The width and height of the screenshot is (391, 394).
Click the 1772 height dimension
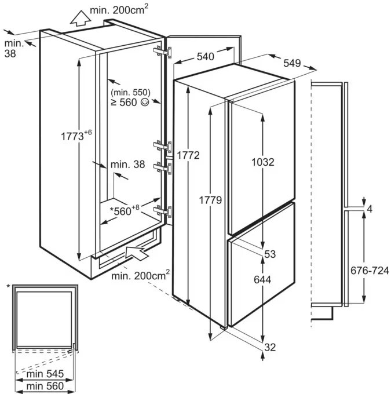click(188, 155)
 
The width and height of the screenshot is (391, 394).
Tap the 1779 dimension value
click(210, 200)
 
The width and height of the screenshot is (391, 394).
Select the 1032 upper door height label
click(263, 162)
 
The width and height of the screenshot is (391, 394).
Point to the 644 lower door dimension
click(262, 280)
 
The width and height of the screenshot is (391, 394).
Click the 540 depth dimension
click(206, 57)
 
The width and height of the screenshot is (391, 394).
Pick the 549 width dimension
click(292, 63)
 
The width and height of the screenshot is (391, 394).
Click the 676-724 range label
click(370, 271)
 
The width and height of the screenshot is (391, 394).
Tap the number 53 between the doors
click(270, 254)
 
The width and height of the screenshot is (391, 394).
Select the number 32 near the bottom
click(270, 347)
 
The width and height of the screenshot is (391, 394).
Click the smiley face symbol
click(145, 102)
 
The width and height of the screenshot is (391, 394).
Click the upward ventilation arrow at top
click(81, 19)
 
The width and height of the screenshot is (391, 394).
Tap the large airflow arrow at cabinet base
click(135, 253)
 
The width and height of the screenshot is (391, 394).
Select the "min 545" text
click(45, 374)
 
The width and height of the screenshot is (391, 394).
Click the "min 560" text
click(45, 386)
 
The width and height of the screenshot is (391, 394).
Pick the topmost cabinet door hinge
click(163, 52)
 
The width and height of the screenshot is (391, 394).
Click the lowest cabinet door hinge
click(163, 211)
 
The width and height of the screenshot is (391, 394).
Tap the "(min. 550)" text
click(131, 93)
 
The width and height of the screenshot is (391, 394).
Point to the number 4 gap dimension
click(370, 209)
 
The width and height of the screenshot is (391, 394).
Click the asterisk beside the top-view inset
click(9, 286)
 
